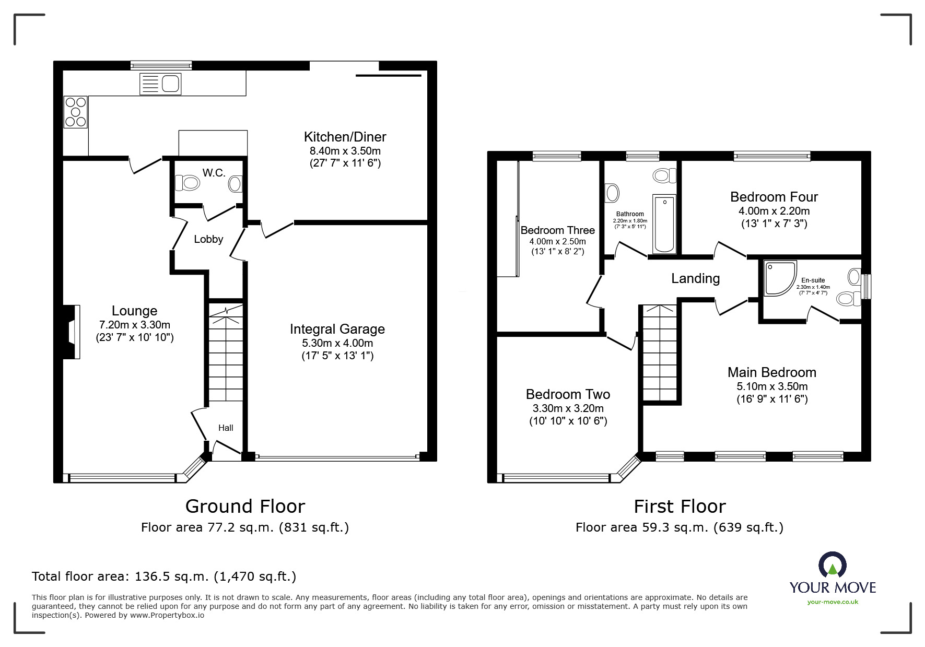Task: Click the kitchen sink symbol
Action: click(x=160, y=84)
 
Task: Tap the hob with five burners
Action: click(x=75, y=112)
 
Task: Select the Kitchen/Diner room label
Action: click(x=345, y=137)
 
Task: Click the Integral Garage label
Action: click(x=337, y=329)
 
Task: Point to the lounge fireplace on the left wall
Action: click(x=72, y=332)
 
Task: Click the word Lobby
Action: click(x=208, y=239)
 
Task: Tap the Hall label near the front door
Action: click(x=226, y=428)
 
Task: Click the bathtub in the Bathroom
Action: click(x=664, y=223)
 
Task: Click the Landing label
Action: click(x=695, y=279)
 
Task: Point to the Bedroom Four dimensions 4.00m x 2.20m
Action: click(x=774, y=211)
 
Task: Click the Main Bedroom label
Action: click(x=771, y=372)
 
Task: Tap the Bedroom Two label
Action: click(x=568, y=394)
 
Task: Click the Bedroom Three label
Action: click(x=557, y=230)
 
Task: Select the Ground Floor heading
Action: click(x=245, y=507)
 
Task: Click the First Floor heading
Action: click(x=680, y=507)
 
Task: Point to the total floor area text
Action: click(x=164, y=577)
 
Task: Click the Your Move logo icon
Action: click(x=832, y=566)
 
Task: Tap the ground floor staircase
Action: click(x=226, y=355)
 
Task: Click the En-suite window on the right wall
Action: click(x=866, y=287)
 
